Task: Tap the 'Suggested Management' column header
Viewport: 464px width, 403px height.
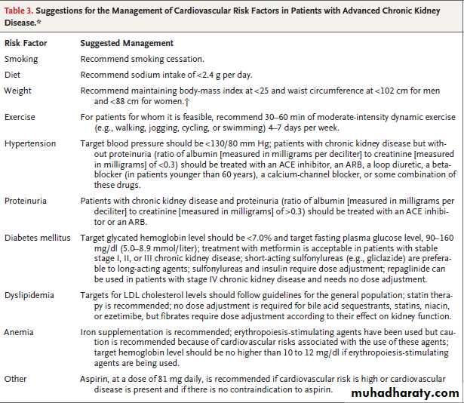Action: coord(127,44)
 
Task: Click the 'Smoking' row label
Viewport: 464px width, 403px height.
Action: coord(21,59)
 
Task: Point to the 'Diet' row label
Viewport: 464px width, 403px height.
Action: coord(13,75)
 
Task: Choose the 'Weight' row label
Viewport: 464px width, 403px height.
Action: coord(18,91)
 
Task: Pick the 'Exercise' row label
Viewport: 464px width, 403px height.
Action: coord(20,118)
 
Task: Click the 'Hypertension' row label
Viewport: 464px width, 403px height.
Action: coord(29,143)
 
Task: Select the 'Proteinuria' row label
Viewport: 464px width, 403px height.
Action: coord(26,202)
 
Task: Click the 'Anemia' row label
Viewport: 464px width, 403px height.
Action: coord(19,332)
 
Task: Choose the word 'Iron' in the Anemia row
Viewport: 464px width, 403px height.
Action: coord(89,332)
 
